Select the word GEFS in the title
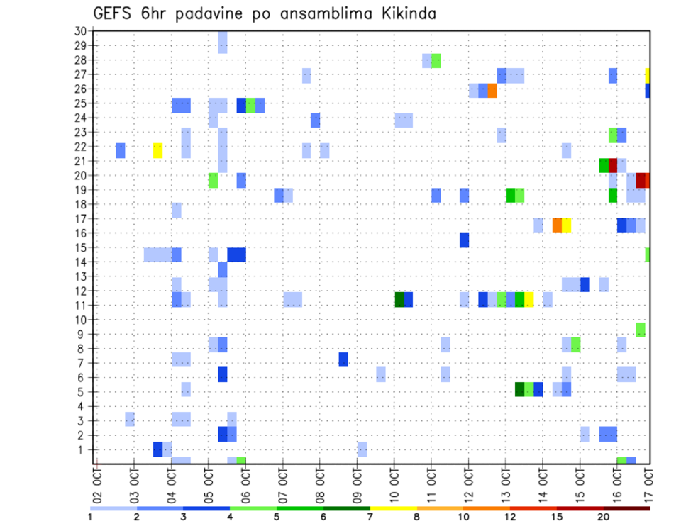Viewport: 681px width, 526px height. [113, 13]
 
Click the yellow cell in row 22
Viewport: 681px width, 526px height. [157, 150]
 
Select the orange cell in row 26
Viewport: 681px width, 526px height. [492, 90]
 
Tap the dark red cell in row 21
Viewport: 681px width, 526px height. [613, 165]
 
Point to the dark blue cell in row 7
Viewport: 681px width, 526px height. [343, 359]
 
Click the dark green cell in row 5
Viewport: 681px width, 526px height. [520, 389]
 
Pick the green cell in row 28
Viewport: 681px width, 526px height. [436, 61]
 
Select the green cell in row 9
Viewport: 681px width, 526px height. [641, 330]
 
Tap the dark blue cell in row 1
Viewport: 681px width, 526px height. [158, 449]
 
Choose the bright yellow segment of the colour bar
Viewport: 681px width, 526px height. [393, 508]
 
